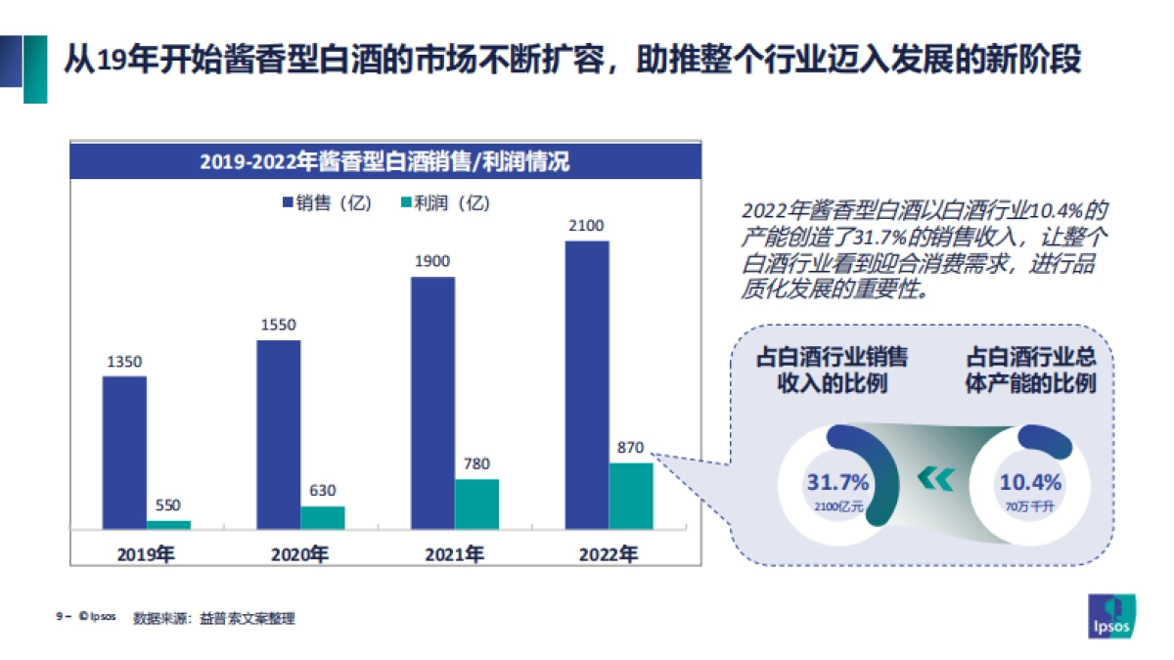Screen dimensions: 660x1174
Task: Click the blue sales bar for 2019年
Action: [124, 452]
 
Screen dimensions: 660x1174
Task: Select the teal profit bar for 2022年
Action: [631, 496]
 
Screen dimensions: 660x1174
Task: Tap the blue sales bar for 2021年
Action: [432, 403]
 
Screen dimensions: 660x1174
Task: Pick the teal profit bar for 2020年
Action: [323, 517]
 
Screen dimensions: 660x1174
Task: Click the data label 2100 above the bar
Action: [587, 226]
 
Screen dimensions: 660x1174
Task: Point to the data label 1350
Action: [124, 362]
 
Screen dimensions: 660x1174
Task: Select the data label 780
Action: [476, 463]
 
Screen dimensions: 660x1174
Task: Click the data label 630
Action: [323, 491]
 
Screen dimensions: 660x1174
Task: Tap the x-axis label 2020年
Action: [299, 554]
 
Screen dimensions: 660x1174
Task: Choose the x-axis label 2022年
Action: [608, 554]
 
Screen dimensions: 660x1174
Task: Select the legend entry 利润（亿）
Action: [445, 203]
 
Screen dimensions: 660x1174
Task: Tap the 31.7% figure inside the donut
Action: [837, 482]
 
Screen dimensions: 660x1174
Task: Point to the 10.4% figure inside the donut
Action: [1029, 482]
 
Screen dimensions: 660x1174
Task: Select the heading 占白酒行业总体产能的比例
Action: [1029, 370]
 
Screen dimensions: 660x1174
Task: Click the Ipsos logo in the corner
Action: [1112, 615]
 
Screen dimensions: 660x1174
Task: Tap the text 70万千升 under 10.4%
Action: [1029, 506]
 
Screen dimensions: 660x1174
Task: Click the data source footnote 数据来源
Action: [214, 618]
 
